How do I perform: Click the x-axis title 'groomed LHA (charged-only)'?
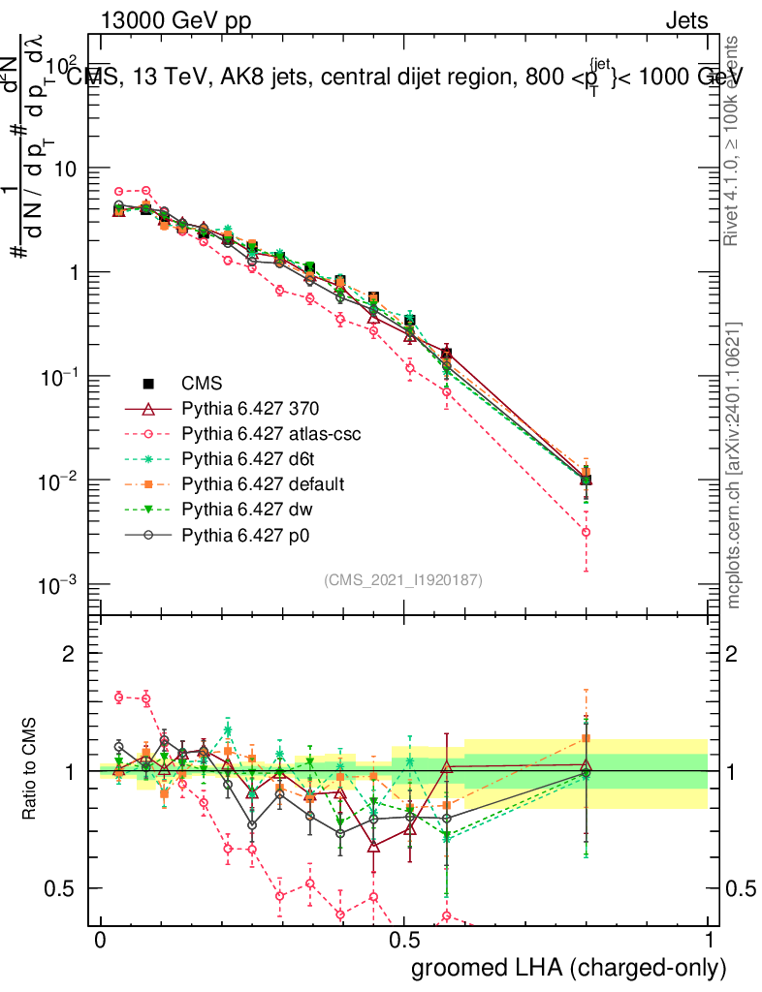[570, 968]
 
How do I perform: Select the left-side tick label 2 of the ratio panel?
[69, 655]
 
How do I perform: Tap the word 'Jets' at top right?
[686, 21]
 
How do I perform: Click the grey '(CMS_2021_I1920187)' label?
[403, 580]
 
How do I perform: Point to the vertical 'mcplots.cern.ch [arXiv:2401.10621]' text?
[735, 465]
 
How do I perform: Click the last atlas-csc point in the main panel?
[586, 532]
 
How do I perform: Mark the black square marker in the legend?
[149, 384]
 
